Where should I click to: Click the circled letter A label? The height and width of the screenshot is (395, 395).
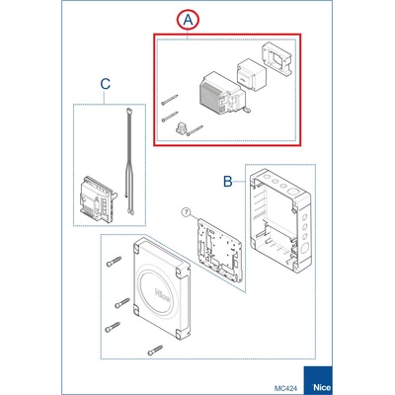pos(188,20)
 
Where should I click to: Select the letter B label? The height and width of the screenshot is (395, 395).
pos(228,182)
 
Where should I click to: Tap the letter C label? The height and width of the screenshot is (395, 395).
pos(105,84)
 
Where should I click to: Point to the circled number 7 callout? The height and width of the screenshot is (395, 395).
pos(186,212)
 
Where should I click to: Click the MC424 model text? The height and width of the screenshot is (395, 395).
pos(285,388)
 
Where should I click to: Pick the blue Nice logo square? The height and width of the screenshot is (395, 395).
pos(318,380)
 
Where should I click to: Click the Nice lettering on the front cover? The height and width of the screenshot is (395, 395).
pos(163,295)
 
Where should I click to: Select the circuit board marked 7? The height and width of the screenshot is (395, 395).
pos(219,250)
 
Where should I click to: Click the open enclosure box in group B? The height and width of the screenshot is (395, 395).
pos(280,221)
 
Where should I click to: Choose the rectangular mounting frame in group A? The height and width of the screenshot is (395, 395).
pos(277,58)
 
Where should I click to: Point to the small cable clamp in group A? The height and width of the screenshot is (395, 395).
pos(181,128)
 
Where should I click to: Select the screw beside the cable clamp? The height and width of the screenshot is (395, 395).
pos(195,130)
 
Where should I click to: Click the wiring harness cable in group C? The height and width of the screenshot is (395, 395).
pos(128,161)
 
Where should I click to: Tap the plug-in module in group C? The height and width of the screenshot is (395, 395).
pos(96,198)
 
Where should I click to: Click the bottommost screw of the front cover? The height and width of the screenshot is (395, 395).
pos(155,351)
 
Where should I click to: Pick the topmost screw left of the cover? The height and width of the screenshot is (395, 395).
pos(114,262)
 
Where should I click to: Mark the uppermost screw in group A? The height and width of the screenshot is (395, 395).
pos(170,100)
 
